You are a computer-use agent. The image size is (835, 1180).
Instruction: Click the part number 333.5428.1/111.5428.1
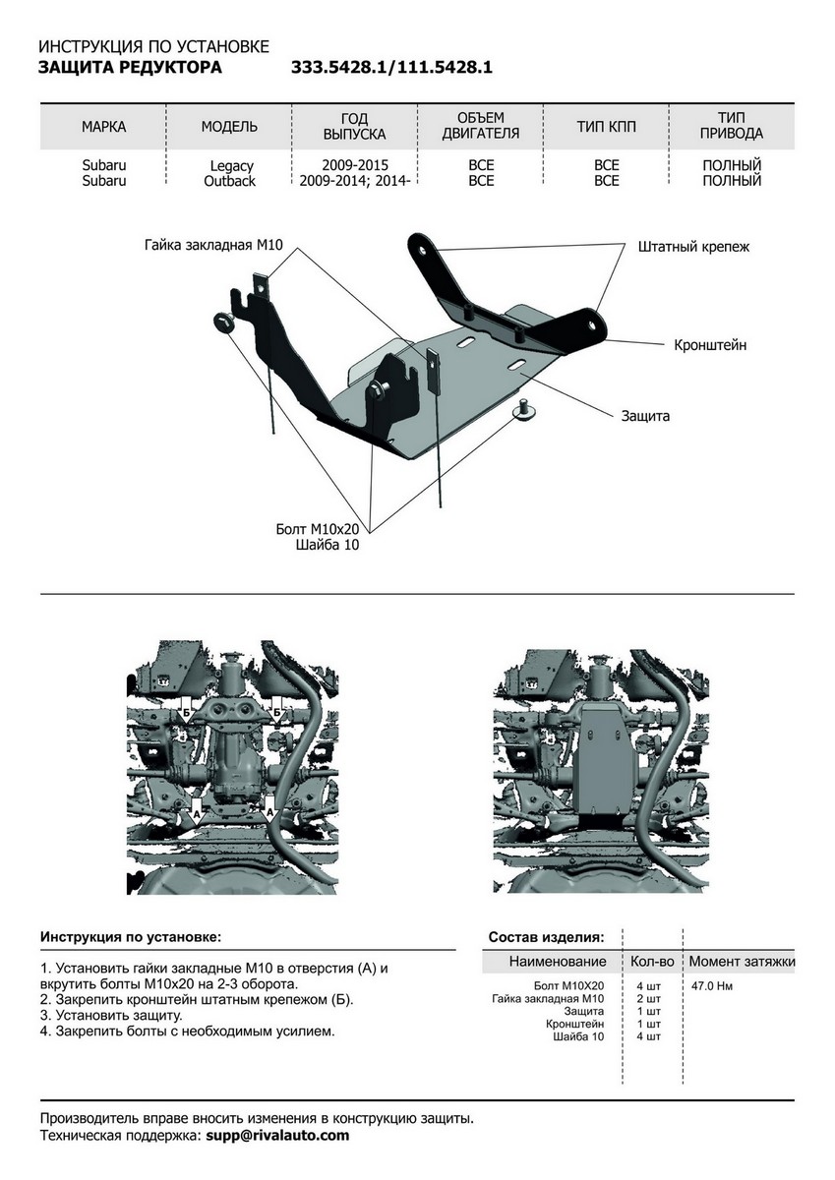(x=391, y=68)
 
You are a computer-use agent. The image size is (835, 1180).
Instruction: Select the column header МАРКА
(x=104, y=127)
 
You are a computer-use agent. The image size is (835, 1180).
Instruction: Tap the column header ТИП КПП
(x=607, y=127)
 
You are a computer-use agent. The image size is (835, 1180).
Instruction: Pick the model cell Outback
(x=230, y=181)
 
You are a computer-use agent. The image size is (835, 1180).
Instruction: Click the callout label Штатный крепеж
(x=693, y=247)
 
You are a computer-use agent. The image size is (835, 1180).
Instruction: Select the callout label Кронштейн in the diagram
(x=710, y=345)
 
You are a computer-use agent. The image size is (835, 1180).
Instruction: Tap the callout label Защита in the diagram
(x=645, y=416)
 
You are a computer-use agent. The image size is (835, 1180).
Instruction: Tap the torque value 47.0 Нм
(x=712, y=985)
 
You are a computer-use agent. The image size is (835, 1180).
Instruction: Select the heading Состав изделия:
(x=546, y=937)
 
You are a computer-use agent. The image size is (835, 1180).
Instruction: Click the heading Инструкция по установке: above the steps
(x=131, y=937)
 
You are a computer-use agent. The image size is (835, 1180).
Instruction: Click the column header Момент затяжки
(x=742, y=961)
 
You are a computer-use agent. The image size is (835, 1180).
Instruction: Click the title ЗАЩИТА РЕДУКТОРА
(x=130, y=68)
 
